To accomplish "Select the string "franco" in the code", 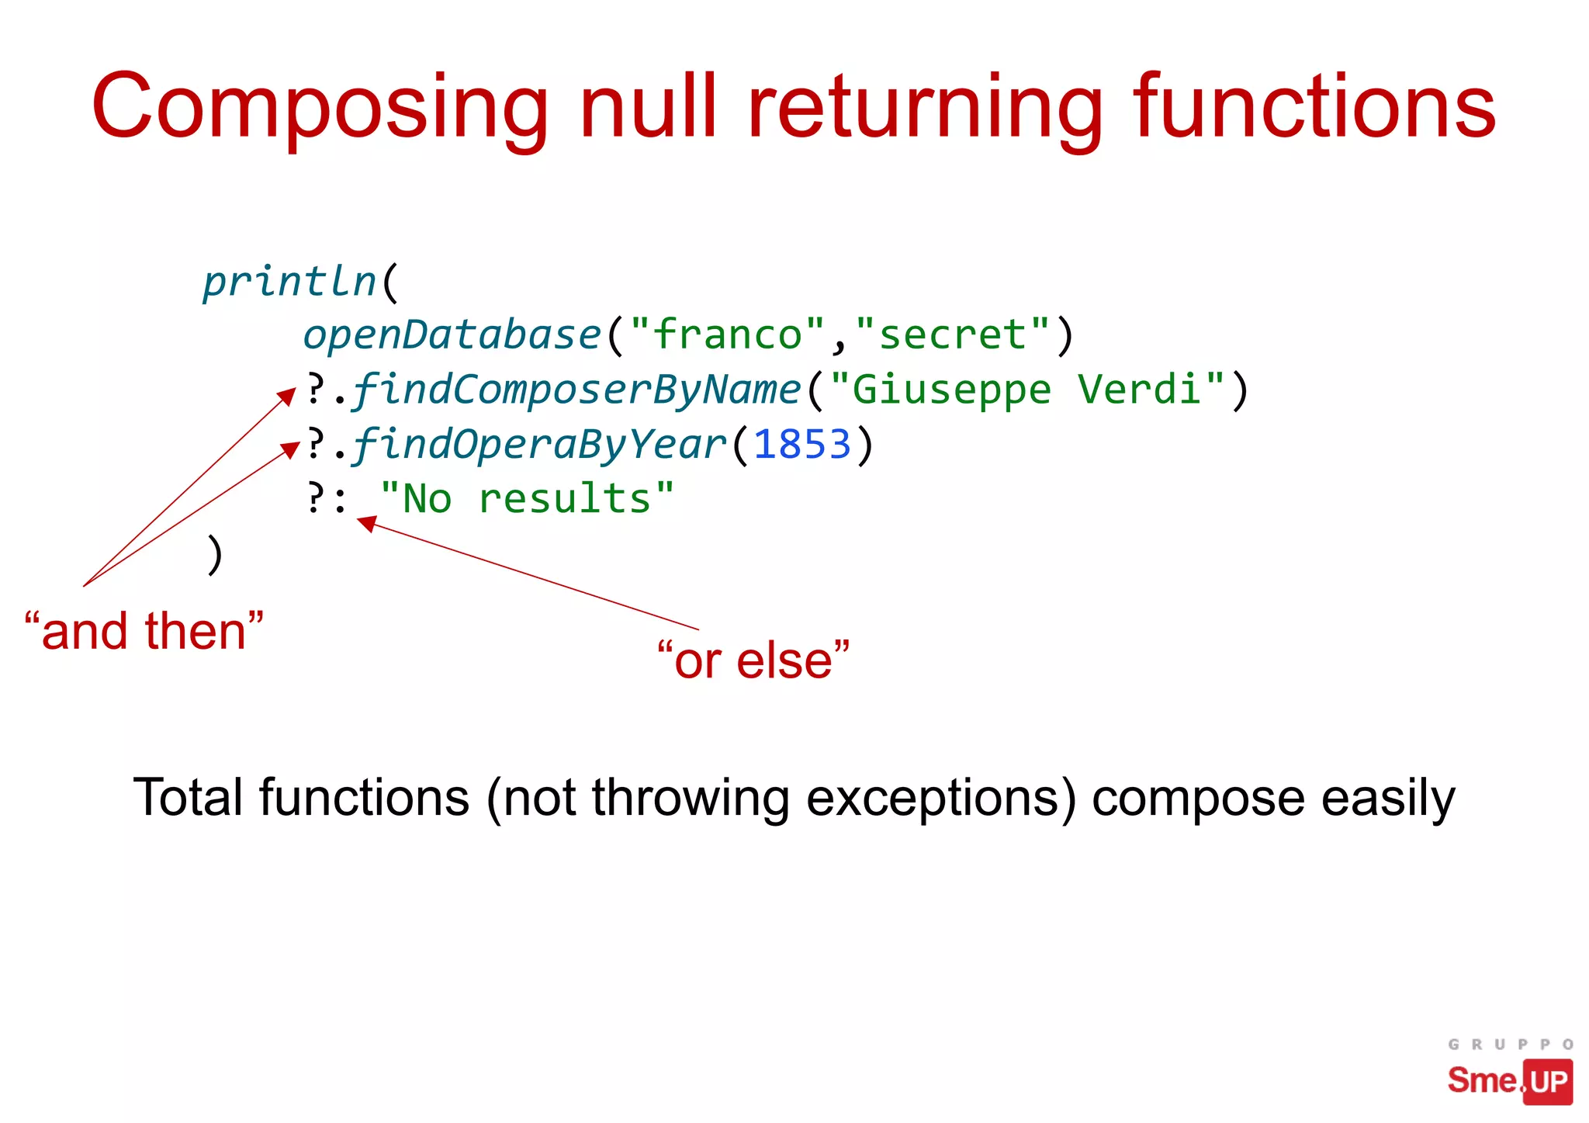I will pos(727,334).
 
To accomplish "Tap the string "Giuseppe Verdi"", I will pos(1027,390).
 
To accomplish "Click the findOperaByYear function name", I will pos(539,445).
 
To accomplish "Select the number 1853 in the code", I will pos(802,445).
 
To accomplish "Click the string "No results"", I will pos(527,499).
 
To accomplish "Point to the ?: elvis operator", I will pos(326,499).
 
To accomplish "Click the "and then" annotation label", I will pos(144,631).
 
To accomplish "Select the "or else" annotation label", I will pos(753,660).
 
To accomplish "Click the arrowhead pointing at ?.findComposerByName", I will pos(287,397).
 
